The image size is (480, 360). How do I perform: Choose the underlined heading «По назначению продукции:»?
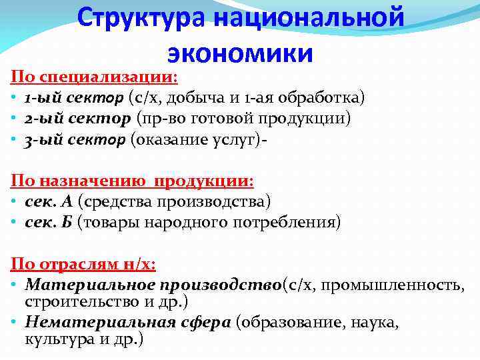coord(133,181)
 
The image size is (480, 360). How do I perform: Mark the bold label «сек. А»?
coord(49,201)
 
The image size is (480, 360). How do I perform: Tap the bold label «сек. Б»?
coord(49,222)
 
